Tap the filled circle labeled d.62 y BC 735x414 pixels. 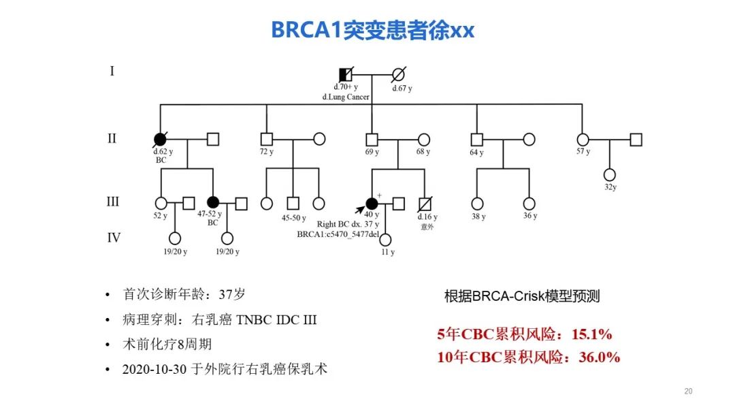click(160, 139)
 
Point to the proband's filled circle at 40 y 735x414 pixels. click(372, 203)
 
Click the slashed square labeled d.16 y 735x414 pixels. click(425, 203)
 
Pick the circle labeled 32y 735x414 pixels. click(609, 174)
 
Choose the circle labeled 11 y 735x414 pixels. click(386, 239)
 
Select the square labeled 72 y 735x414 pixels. click(266, 139)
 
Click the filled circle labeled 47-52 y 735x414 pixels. click(213, 202)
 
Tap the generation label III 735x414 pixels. click(112, 202)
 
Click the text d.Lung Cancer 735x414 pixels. click(346, 97)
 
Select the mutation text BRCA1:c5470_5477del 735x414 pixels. click(338, 234)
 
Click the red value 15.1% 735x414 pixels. click(591, 334)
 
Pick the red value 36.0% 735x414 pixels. click(599, 357)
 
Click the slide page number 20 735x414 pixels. click(687, 392)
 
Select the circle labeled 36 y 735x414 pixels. click(529, 203)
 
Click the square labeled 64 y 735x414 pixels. click(477, 139)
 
